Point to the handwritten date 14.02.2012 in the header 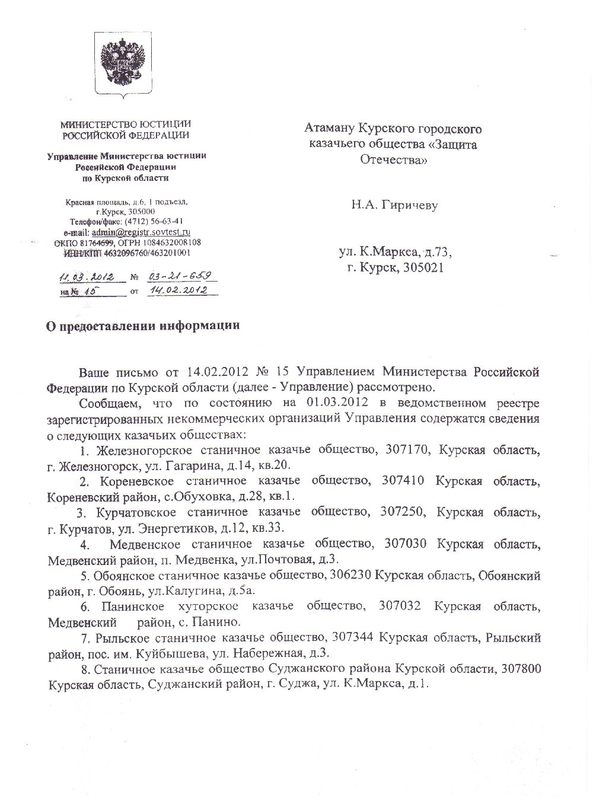tap(178, 291)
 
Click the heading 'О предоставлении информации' tap(144, 326)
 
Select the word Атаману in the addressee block tap(330, 128)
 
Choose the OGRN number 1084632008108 tap(171, 242)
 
